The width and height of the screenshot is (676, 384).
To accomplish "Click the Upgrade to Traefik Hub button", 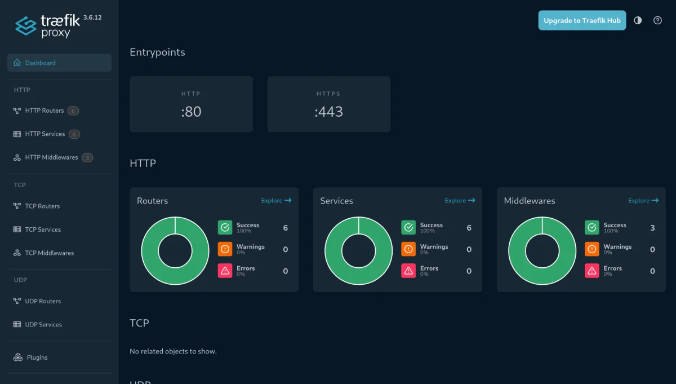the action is (582, 20).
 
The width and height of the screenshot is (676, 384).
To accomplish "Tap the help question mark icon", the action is (657, 20).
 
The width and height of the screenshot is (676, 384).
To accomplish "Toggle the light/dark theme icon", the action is (638, 20).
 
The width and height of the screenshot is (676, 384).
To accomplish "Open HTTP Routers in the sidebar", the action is (45, 111).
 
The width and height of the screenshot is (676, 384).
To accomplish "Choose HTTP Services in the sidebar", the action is (45, 134).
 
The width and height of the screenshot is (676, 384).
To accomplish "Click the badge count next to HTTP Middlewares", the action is (87, 157).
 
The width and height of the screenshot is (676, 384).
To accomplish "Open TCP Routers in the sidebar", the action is (42, 206).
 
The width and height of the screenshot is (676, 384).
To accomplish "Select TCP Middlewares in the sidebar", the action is (50, 253).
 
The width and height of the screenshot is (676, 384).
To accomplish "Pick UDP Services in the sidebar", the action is (43, 324).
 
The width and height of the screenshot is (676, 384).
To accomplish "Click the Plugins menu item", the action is (37, 357).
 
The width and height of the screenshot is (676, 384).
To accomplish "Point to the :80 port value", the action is (191, 112).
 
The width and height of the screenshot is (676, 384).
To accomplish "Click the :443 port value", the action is (328, 112).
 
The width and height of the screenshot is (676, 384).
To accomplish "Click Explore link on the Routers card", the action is (276, 200).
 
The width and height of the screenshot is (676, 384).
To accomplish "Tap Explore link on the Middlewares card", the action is (643, 200).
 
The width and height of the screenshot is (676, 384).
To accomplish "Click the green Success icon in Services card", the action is (408, 227).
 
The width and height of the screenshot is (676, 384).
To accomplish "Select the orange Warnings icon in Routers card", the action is (225, 249).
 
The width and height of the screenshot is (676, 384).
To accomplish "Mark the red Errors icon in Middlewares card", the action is (592, 271).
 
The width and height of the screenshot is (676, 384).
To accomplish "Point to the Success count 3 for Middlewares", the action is (652, 227).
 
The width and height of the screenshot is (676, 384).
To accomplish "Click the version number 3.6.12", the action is (92, 17).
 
